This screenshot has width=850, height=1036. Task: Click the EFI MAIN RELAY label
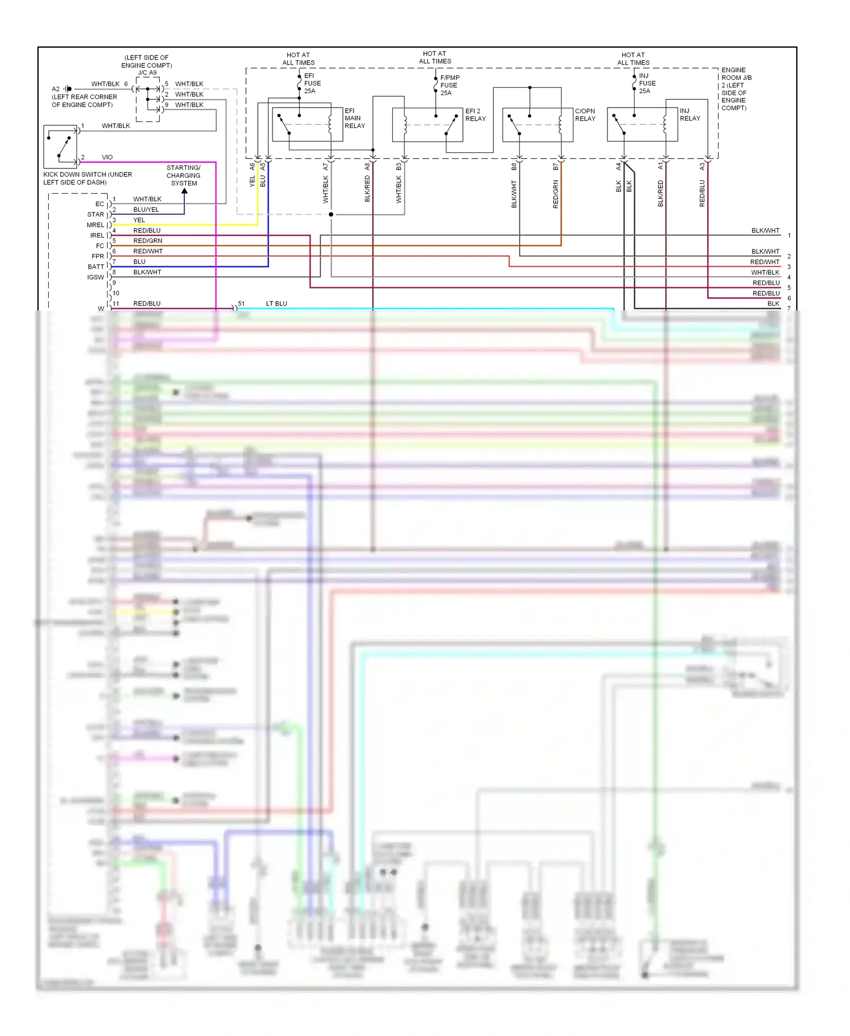point(355,118)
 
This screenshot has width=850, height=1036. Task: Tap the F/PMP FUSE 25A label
point(449,85)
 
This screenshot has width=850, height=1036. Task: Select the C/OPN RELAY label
point(585,115)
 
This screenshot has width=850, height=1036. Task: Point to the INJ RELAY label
point(690,115)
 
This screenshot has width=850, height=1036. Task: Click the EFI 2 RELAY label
point(475,115)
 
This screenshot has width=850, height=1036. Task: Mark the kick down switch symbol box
point(60,147)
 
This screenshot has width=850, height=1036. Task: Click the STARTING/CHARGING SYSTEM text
point(184,176)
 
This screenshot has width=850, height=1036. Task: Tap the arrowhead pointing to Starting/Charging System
point(184,192)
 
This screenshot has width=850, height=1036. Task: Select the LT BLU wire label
point(277,304)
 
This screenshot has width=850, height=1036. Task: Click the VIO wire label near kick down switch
point(107,158)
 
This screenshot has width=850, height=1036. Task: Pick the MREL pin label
point(95,225)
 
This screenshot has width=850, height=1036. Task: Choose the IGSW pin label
point(95,277)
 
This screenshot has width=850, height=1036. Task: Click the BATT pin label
point(96,267)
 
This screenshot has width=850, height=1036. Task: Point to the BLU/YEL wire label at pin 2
point(146,210)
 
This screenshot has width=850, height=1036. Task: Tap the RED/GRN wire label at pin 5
point(147,241)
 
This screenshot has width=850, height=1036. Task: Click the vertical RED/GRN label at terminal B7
point(555,194)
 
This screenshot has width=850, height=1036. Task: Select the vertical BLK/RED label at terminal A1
point(660,193)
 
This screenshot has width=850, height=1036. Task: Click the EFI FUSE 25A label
point(312,83)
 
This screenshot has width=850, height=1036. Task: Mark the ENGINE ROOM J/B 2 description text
point(736,89)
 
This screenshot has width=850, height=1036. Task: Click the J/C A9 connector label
point(147,73)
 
